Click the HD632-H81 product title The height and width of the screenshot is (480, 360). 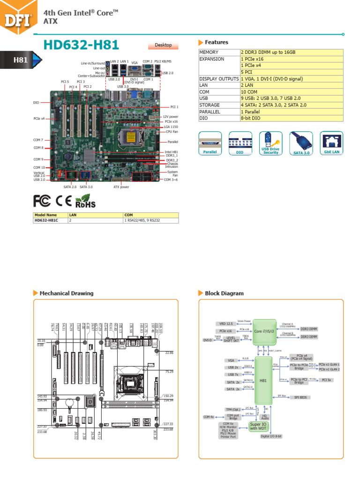pos(81,45)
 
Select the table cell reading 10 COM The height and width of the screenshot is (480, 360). pos(291,92)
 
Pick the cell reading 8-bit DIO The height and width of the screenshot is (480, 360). pos(291,119)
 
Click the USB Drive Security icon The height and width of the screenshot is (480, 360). pos(270,142)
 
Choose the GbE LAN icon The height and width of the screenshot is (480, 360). pos(331,142)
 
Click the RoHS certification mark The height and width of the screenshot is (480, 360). pos(85,202)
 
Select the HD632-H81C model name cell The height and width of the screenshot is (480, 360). pos(50,220)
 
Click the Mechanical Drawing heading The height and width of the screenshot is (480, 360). pos(66,293)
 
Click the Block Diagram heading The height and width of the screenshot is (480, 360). pos(224,293)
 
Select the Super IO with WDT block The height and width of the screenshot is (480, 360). pos(259,426)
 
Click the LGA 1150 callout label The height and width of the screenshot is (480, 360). pos(170,127)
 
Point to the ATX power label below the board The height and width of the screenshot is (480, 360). pos(121,187)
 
